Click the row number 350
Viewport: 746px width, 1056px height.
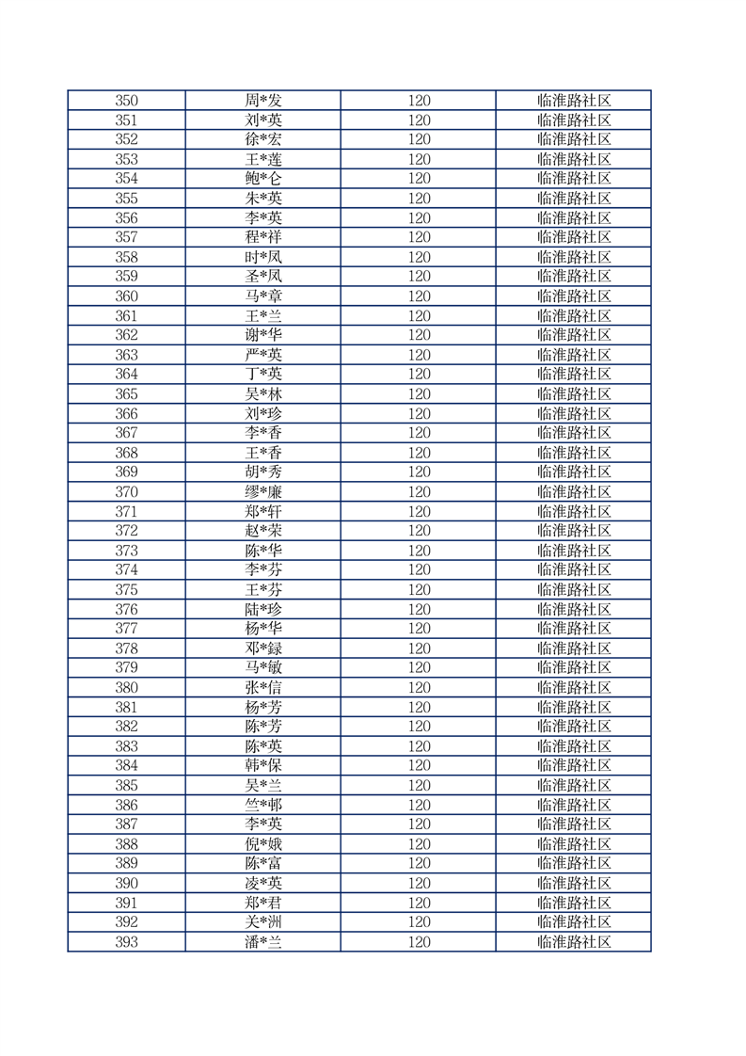click(126, 100)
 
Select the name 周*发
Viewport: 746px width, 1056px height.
click(263, 100)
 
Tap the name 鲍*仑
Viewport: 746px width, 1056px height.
click(263, 178)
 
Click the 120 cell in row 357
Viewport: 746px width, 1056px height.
click(419, 237)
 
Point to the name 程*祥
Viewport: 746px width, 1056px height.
click(263, 237)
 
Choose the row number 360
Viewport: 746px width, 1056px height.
click(126, 296)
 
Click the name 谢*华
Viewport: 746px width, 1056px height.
click(263, 335)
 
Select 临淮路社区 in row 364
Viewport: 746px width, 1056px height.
click(574, 374)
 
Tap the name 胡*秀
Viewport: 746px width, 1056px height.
click(263, 472)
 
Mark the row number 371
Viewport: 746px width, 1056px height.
click(126, 511)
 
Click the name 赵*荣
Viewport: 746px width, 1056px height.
click(263, 531)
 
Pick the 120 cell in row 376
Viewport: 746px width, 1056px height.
click(419, 609)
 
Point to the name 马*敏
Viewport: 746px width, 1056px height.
click(263, 667)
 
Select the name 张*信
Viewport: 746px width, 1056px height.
click(263, 687)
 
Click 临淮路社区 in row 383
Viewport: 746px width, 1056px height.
click(574, 746)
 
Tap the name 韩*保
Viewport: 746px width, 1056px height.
click(263, 765)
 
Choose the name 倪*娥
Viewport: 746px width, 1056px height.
click(263, 844)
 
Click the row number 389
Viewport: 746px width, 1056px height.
click(126, 863)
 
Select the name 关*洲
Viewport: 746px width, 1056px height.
click(263, 922)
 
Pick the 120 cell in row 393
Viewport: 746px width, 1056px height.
click(419, 942)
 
